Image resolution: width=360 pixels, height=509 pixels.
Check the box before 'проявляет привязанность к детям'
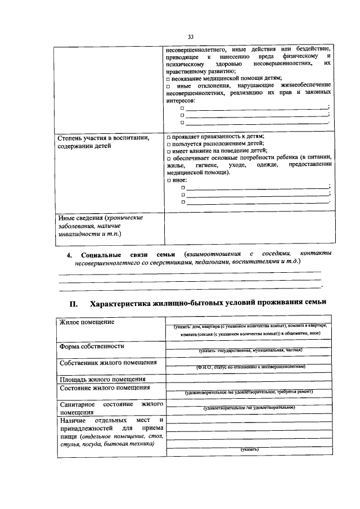coord(169,137)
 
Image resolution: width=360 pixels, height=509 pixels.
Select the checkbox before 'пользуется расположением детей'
coord(169,144)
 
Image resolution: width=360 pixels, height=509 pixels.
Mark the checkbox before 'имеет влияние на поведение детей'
coord(169,151)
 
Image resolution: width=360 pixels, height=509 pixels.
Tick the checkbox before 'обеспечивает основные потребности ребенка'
coord(169,159)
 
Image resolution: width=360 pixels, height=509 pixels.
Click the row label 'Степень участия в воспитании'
coord(103,137)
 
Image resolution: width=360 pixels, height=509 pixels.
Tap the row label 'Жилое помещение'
coord(87,322)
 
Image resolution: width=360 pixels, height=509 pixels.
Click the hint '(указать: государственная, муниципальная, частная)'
coord(250,350)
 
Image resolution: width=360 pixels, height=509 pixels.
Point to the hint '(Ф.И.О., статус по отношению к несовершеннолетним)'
coord(250,366)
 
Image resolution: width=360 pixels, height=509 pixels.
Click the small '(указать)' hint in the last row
coord(249,449)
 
